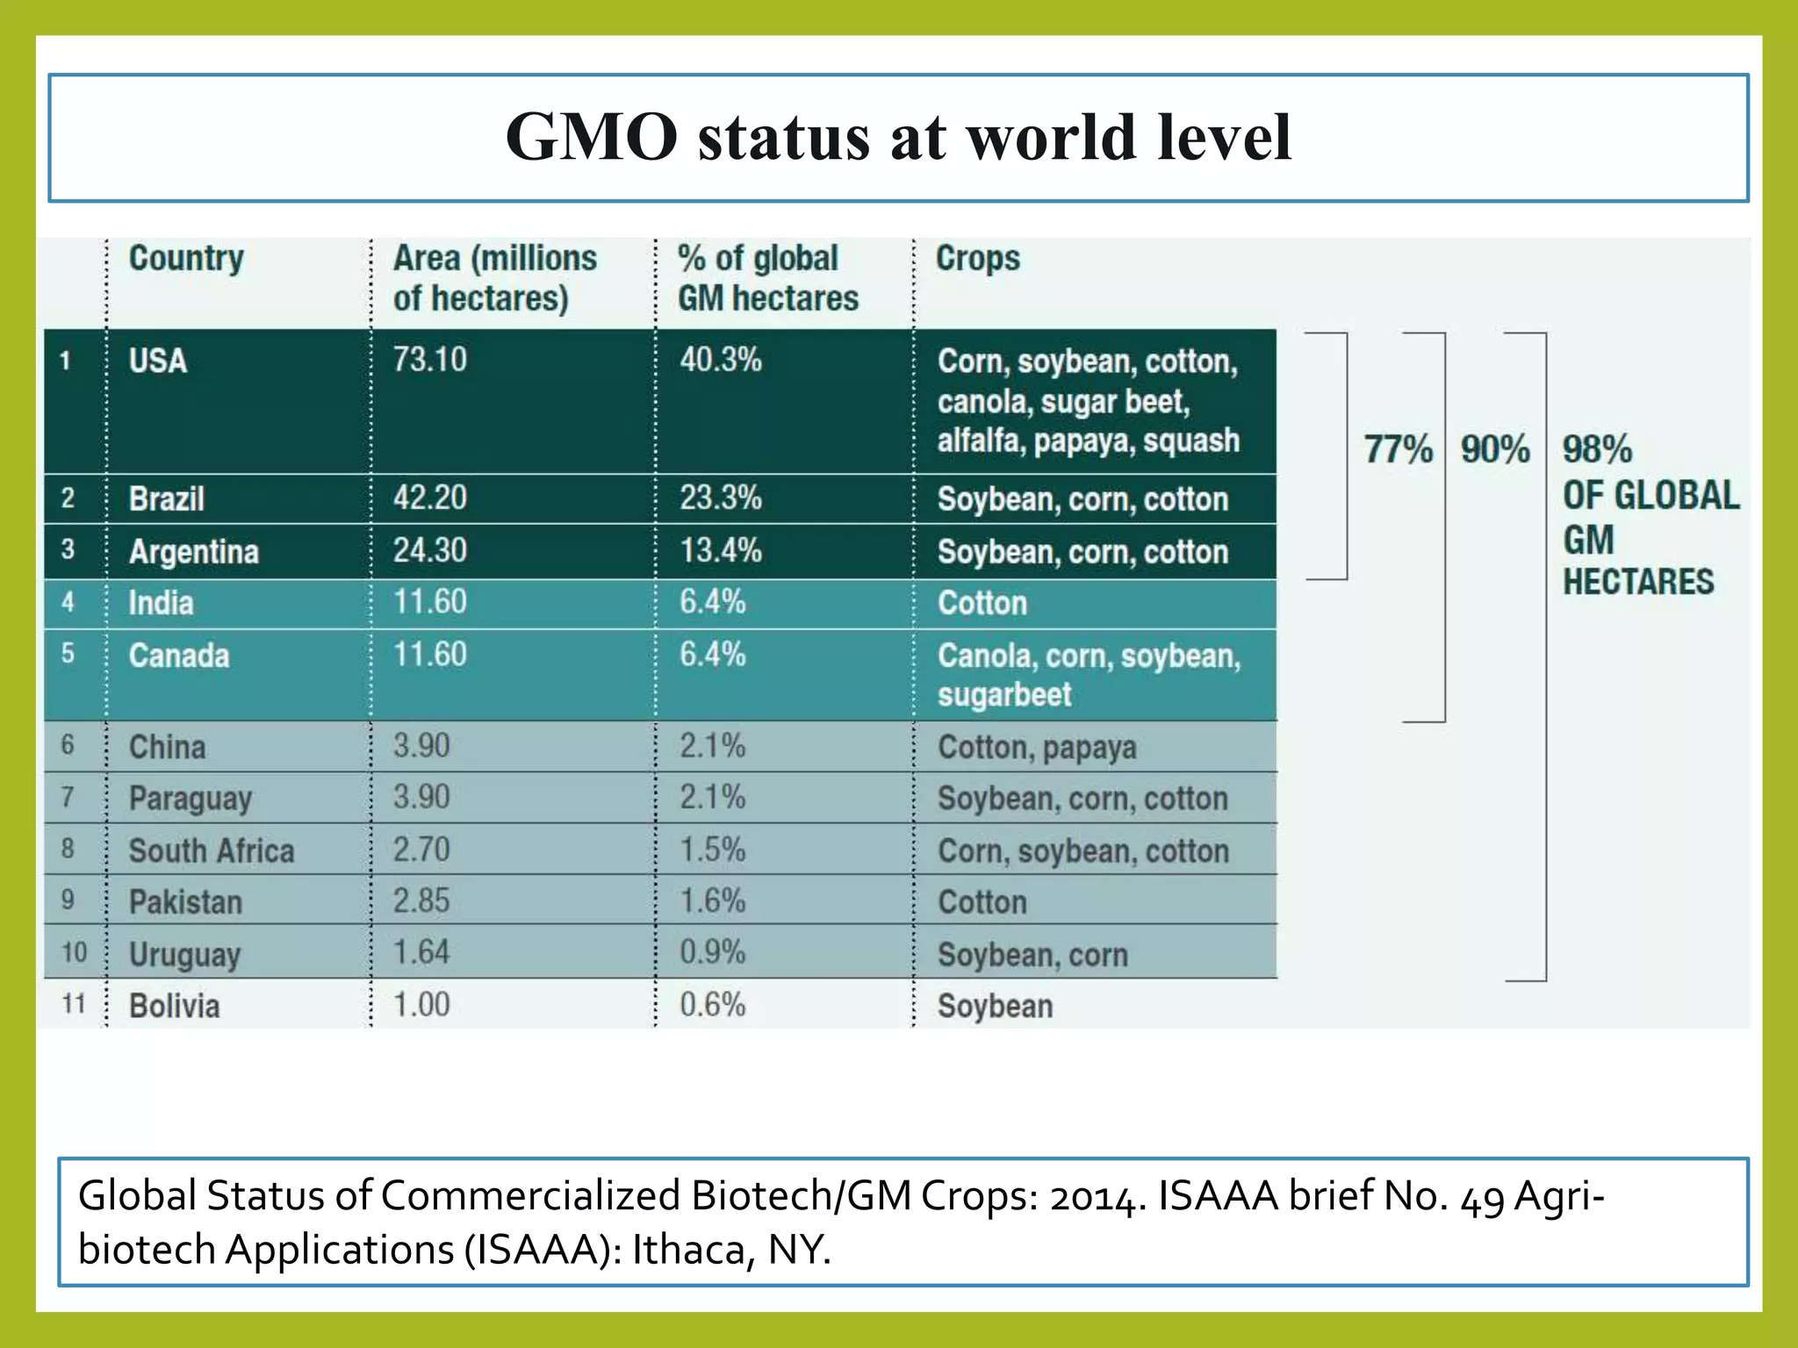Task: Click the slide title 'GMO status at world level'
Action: (898, 138)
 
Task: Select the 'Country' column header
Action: (186, 258)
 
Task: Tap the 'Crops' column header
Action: (978, 258)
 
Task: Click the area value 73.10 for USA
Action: (429, 360)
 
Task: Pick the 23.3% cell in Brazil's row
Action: (721, 498)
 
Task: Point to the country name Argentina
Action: (194, 551)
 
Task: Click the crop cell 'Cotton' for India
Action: (982, 603)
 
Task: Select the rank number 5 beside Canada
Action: (68, 654)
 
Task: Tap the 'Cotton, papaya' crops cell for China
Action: (1037, 747)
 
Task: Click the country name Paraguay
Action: (191, 799)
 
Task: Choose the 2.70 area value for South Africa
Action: (421, 850)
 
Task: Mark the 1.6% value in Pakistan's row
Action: (712, 901)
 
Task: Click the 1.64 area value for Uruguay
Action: (421, 952)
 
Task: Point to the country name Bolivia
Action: (174, 1006)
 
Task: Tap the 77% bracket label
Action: (1398, 449)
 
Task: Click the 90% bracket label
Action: (1495, 449)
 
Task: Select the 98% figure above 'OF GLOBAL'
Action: (1597, 449)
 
